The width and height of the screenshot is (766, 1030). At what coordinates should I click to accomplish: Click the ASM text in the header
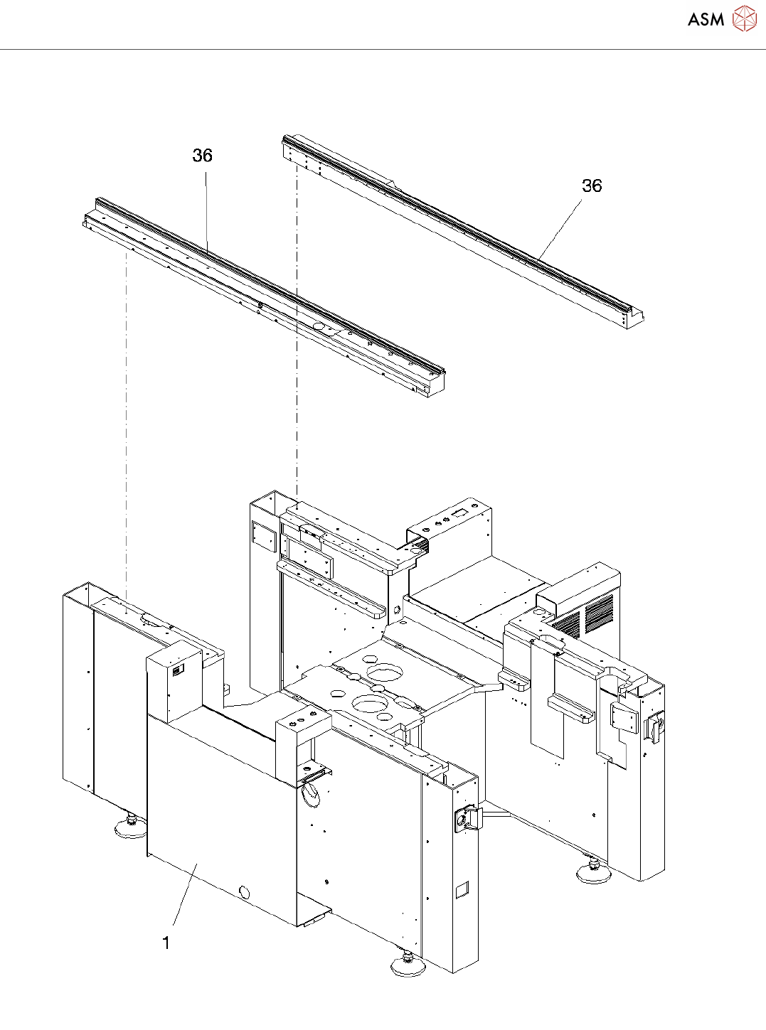coord(706,20)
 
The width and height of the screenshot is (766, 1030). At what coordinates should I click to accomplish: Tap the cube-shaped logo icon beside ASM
coord(744,18)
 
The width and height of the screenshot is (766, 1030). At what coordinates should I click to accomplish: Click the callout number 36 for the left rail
coord(203,156)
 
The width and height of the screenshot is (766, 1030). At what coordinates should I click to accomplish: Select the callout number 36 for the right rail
coord(592,186)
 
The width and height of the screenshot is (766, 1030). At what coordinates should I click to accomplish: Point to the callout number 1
coord(166,943)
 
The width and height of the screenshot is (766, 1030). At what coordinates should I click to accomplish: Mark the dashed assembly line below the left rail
coord(127,427)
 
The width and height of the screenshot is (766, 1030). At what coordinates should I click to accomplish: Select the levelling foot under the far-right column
coord(593,872)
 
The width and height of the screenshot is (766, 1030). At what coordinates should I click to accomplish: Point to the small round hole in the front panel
coord(245,892)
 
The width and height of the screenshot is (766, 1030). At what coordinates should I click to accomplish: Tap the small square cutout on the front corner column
coord(462,889)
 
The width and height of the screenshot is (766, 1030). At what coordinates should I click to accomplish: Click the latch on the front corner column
coord(466,819)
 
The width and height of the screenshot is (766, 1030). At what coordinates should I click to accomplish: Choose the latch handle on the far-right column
coord(653,728)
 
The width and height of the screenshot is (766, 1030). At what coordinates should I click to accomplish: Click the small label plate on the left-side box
coord(179,669)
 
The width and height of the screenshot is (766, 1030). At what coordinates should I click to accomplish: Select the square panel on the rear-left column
coord(264,537)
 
